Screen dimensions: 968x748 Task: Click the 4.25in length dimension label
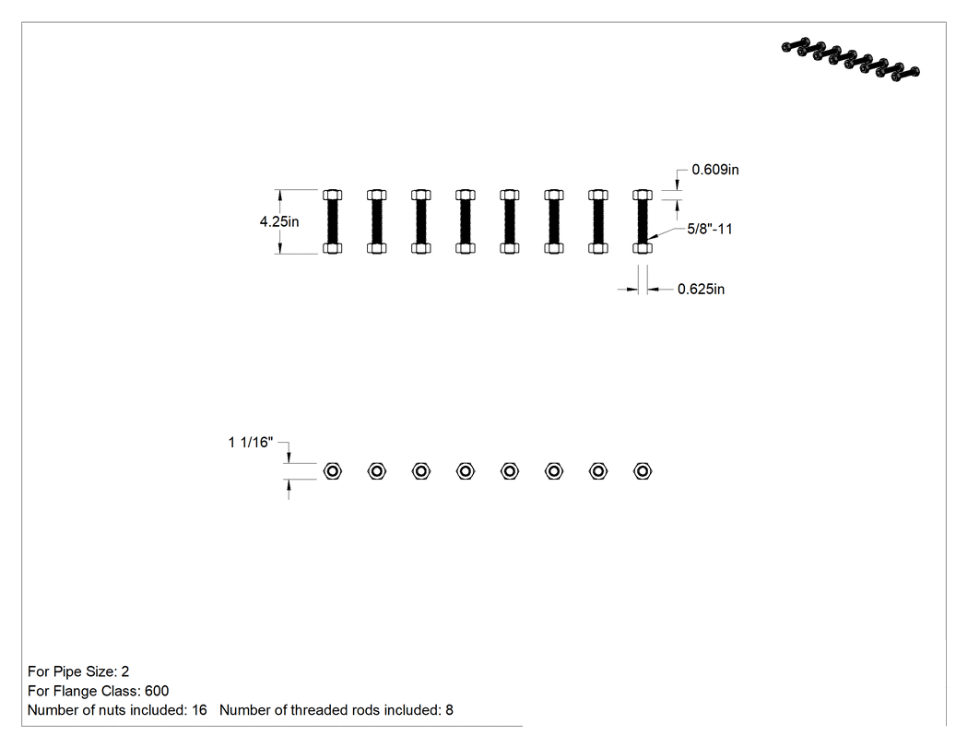(x=279, y=221)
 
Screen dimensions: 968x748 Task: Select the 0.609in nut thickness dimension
(x=714, y=169)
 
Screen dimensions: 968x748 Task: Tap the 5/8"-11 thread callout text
(x=710, y=229)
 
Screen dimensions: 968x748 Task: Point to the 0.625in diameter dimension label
(x=701, y=289)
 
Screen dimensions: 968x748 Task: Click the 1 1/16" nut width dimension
(x=251, y=443)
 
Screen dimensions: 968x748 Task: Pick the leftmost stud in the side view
(x=333, y=221)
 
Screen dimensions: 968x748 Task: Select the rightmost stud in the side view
(x=643, y=221)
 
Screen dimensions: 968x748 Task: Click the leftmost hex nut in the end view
(x=333, y=471)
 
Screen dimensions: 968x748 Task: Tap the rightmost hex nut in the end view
(x=643, y=471)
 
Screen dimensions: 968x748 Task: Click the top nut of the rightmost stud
(x=643, y=195)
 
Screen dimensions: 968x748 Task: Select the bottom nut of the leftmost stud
(x=333, y=248)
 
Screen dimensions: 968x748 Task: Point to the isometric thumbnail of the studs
(x=851, y=59)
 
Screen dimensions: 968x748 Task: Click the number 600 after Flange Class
(x=157, y=691)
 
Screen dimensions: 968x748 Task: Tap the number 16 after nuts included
(x=199, y=710)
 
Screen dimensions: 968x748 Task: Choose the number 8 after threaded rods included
(x=450, y=710)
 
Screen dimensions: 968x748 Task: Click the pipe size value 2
(x=125, y=671)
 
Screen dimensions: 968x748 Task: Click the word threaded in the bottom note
(x=320, y=710)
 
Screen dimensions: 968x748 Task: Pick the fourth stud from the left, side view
(x=466, y=221)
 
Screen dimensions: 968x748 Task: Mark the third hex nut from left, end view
(x=421, y=471)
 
